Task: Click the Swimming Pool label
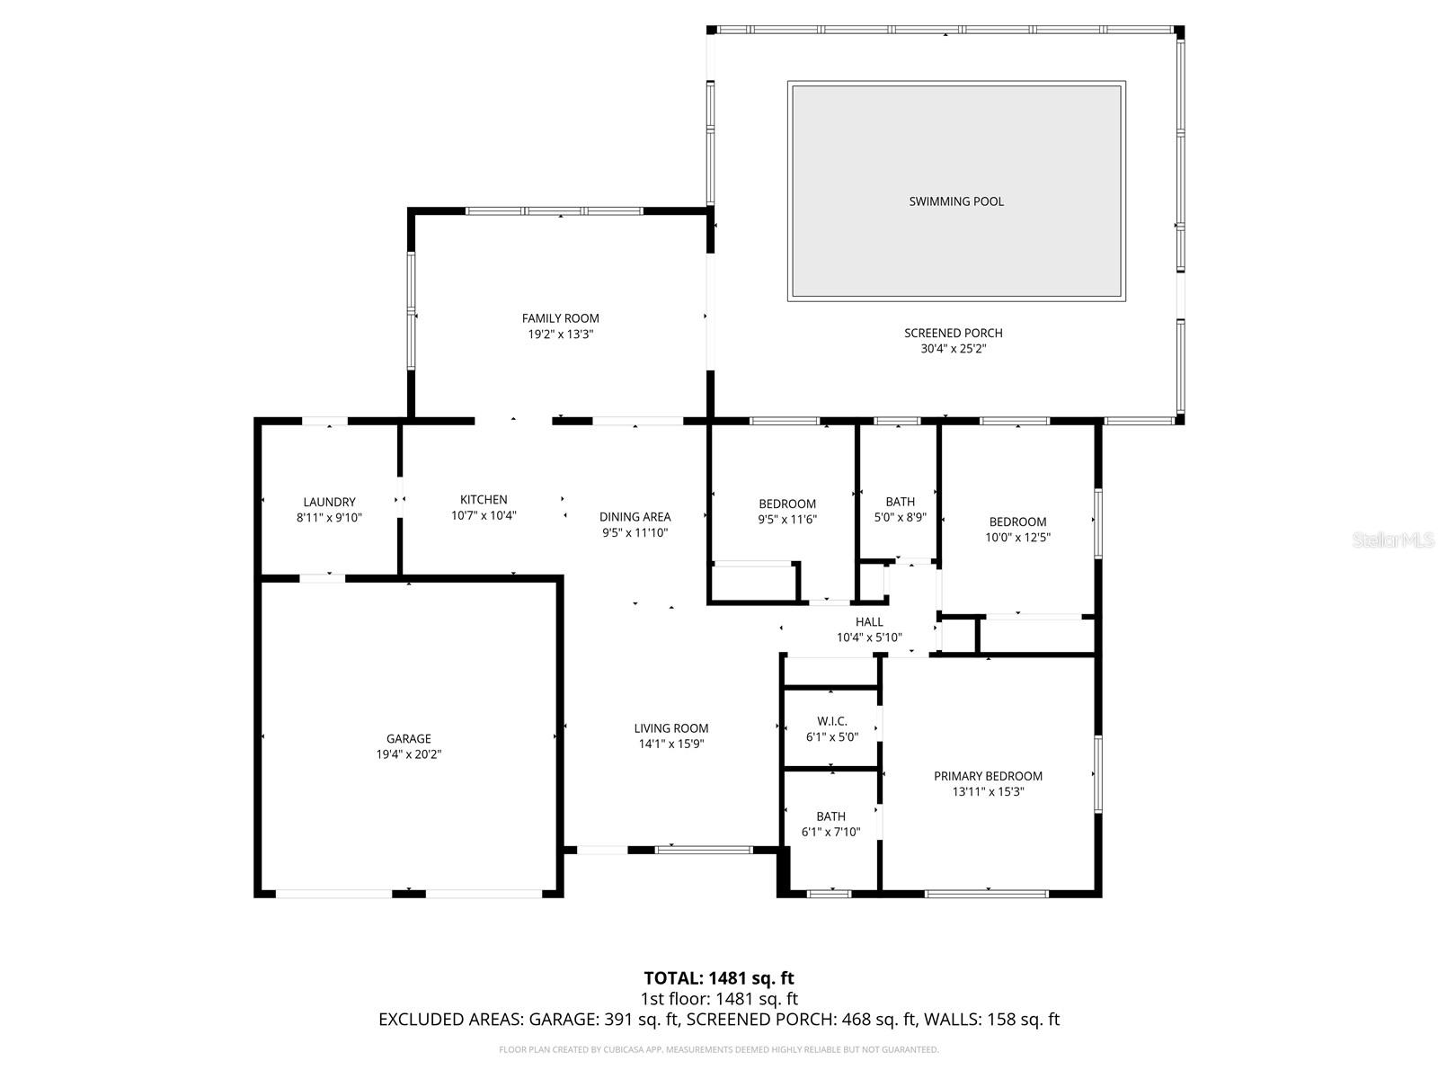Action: [956, 201]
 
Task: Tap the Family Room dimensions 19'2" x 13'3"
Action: [561, 334]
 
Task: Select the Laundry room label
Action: [329, 502]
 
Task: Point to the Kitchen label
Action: [484, 499]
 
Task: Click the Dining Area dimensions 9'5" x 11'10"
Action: [635, 532]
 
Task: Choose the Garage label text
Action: [409, 738]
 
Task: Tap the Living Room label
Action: [670, 728]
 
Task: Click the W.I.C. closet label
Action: [832, 720]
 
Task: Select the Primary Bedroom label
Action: [988, 776]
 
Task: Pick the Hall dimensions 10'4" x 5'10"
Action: [869, 638]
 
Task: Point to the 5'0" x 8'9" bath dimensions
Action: [900, 518]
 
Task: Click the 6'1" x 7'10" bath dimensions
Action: [830, 833]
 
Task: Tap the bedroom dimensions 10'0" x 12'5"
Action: [1017, 538]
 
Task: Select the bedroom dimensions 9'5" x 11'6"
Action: [787, 520]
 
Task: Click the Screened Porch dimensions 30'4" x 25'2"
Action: [953, 349]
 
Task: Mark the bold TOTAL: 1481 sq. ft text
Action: [719, 977]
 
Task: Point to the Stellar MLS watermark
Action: [1393, 540]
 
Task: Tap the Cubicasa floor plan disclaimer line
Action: [719, 1049]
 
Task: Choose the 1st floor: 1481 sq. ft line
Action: [719, 998]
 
